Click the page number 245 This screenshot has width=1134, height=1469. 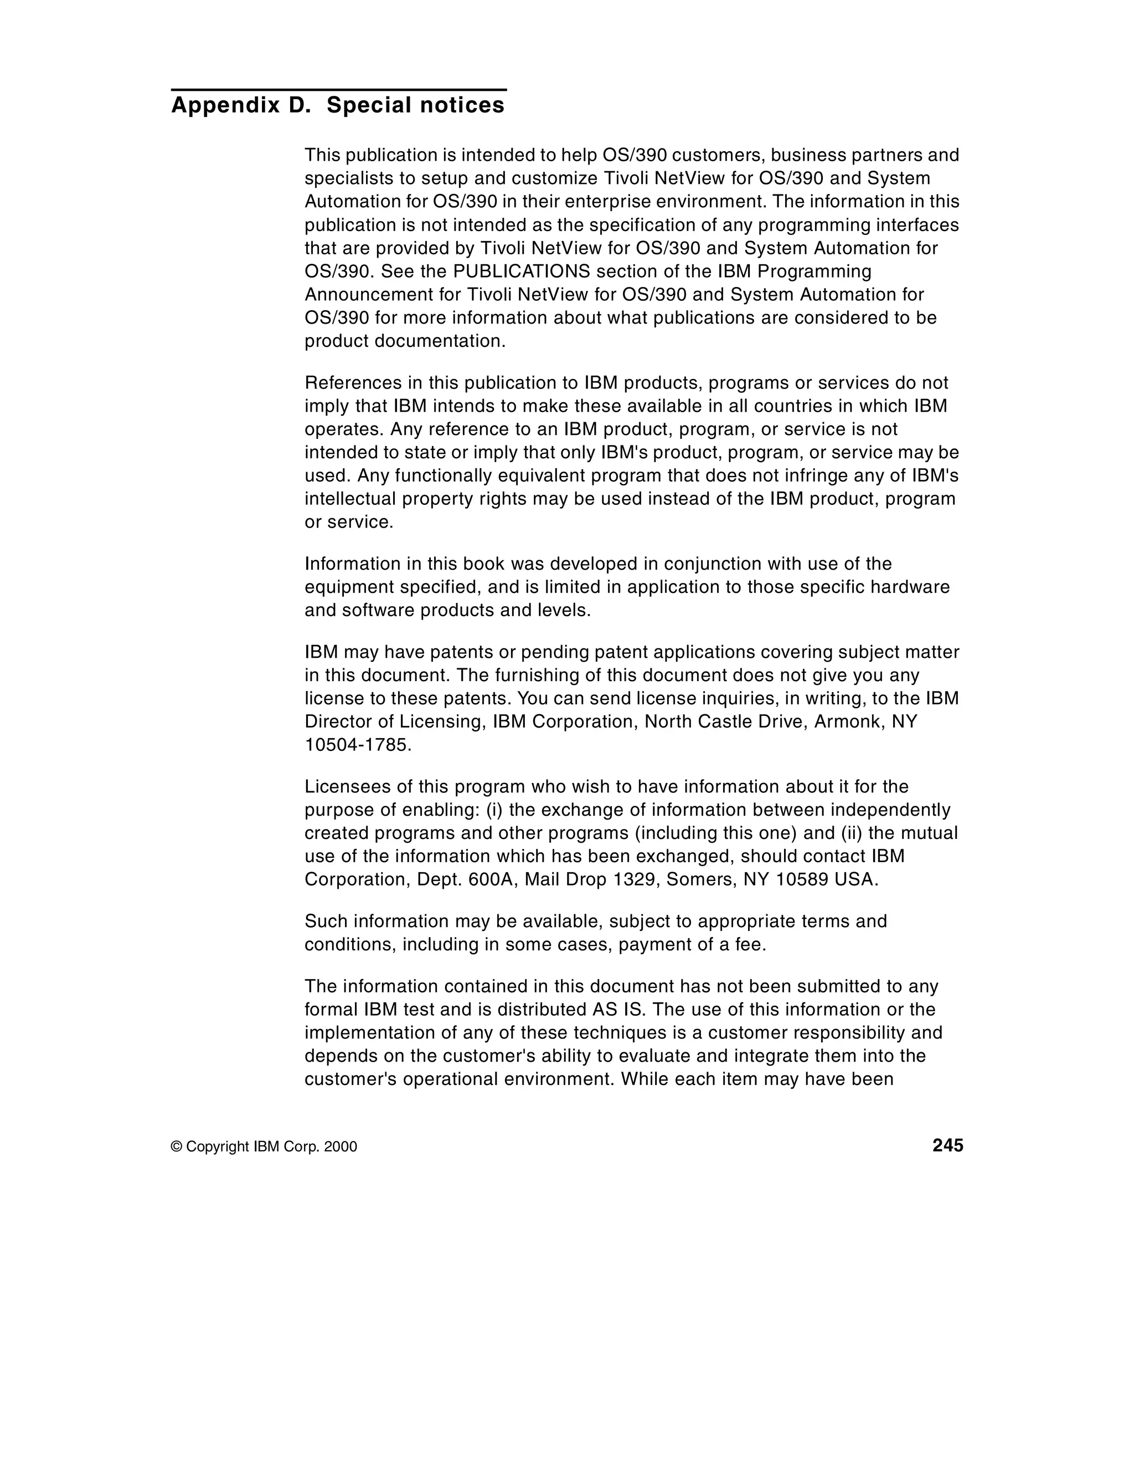(x=947, y=1145)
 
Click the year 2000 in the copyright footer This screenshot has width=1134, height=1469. (x=340, y=1147)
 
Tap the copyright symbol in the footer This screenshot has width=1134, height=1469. (x=177, y=1147)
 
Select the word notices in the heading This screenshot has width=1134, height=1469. (x=467, y=106)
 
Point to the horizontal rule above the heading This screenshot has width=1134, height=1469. (x=338, y=89)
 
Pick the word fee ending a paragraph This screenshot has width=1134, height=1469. (x=748, y=944)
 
